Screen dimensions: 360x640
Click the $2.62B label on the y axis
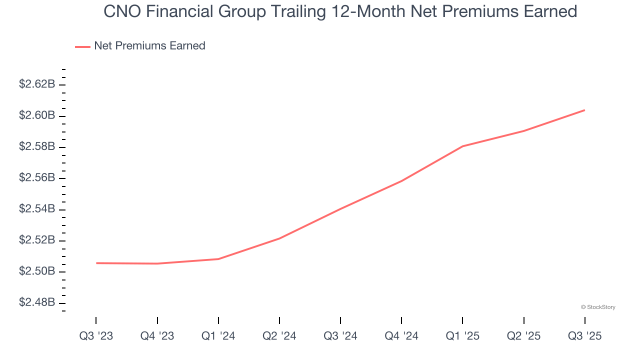tap(37, 84)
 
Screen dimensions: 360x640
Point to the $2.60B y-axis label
tap(37, 115)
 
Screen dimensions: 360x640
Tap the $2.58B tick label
tap(37, 146)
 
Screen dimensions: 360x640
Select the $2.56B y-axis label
tap(37, 178)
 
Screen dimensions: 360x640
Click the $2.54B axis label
tap(37, 209)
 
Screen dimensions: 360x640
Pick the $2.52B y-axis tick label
tap(37, 240)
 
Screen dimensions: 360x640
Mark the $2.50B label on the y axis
tap(37, 271)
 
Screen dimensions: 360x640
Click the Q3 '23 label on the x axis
tap(96, 336)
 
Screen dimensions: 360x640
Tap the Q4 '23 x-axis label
tap(157, 336)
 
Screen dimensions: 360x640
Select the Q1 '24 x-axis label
tap(218, 336)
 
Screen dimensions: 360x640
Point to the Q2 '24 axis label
tap(279, 336)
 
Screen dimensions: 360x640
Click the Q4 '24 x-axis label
tap(401, 336)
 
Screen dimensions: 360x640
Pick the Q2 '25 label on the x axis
tap(523, 336)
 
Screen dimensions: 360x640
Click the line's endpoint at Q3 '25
tap(584, 110)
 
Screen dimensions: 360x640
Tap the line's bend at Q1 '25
tap(462, 146)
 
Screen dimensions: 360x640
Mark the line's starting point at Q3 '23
tap(96, 263)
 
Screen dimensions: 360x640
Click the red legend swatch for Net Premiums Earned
tap(82, 46)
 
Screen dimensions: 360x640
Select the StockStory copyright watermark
tap(598, 307)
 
